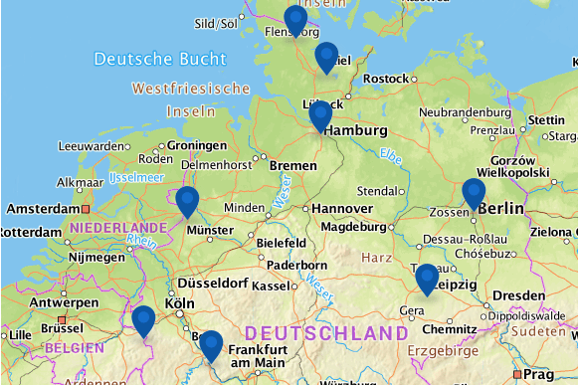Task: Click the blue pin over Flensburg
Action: [x=295, y=19]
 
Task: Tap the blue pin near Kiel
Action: [x=326, y=57]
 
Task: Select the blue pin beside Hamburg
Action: [x=320, y=114]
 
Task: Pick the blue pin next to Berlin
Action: [x=474, y=192]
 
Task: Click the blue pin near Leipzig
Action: [x=427, y=278]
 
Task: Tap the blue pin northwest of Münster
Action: [x=187, y=200]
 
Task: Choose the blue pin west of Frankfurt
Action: [x=210, y=345]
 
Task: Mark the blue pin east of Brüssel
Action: [x=144, y=319]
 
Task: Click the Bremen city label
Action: [x=292, y=164]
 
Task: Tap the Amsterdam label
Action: [x=42, y=210]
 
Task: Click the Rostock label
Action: [x=386, y=79]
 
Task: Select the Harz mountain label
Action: [x=376, y=258]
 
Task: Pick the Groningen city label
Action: [x=197, y=145]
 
